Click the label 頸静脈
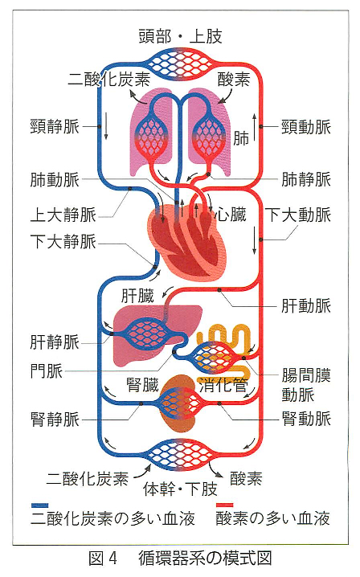[x=55, y=127]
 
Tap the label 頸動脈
[x=306, y=127]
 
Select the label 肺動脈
[x=55, y=180]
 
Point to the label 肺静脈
[x=306, y=179]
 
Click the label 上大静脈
[x=63, y=215]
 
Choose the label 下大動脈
[x=298, y=215]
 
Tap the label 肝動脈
[x=306, y=306]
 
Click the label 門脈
[x=47, y=371]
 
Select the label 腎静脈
[x=55, y=419]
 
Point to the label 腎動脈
[x=306, y=419]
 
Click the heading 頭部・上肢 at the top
[x=180, y=36]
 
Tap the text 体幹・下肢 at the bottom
[x=180, y=489]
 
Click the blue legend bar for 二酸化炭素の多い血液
[x=39, y=505]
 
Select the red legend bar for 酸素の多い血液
[x=224, y=505]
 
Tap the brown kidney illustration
[x=179, y=403]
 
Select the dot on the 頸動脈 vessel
[x=260, y=127]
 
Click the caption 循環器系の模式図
[x=205, y=559]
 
